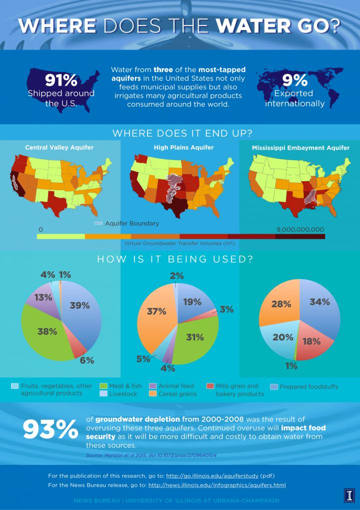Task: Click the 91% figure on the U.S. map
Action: [x=61, y=80]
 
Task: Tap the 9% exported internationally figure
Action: [x=294, y=80]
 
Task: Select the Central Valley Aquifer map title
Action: [x=59, y=148]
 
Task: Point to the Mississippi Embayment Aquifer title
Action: [x=299, y=148]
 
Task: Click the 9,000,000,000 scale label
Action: [x=300, y=229]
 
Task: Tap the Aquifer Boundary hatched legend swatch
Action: [x=98, y=223]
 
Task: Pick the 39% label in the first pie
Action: [x=79, y=305]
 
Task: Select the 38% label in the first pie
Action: [x=47, y=331]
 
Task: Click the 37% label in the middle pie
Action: [x=156, y=311]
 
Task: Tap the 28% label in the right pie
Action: [x=281, y=304]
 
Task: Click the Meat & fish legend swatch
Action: [x=104, y=386]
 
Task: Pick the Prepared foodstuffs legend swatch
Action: [x=273, y=386]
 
